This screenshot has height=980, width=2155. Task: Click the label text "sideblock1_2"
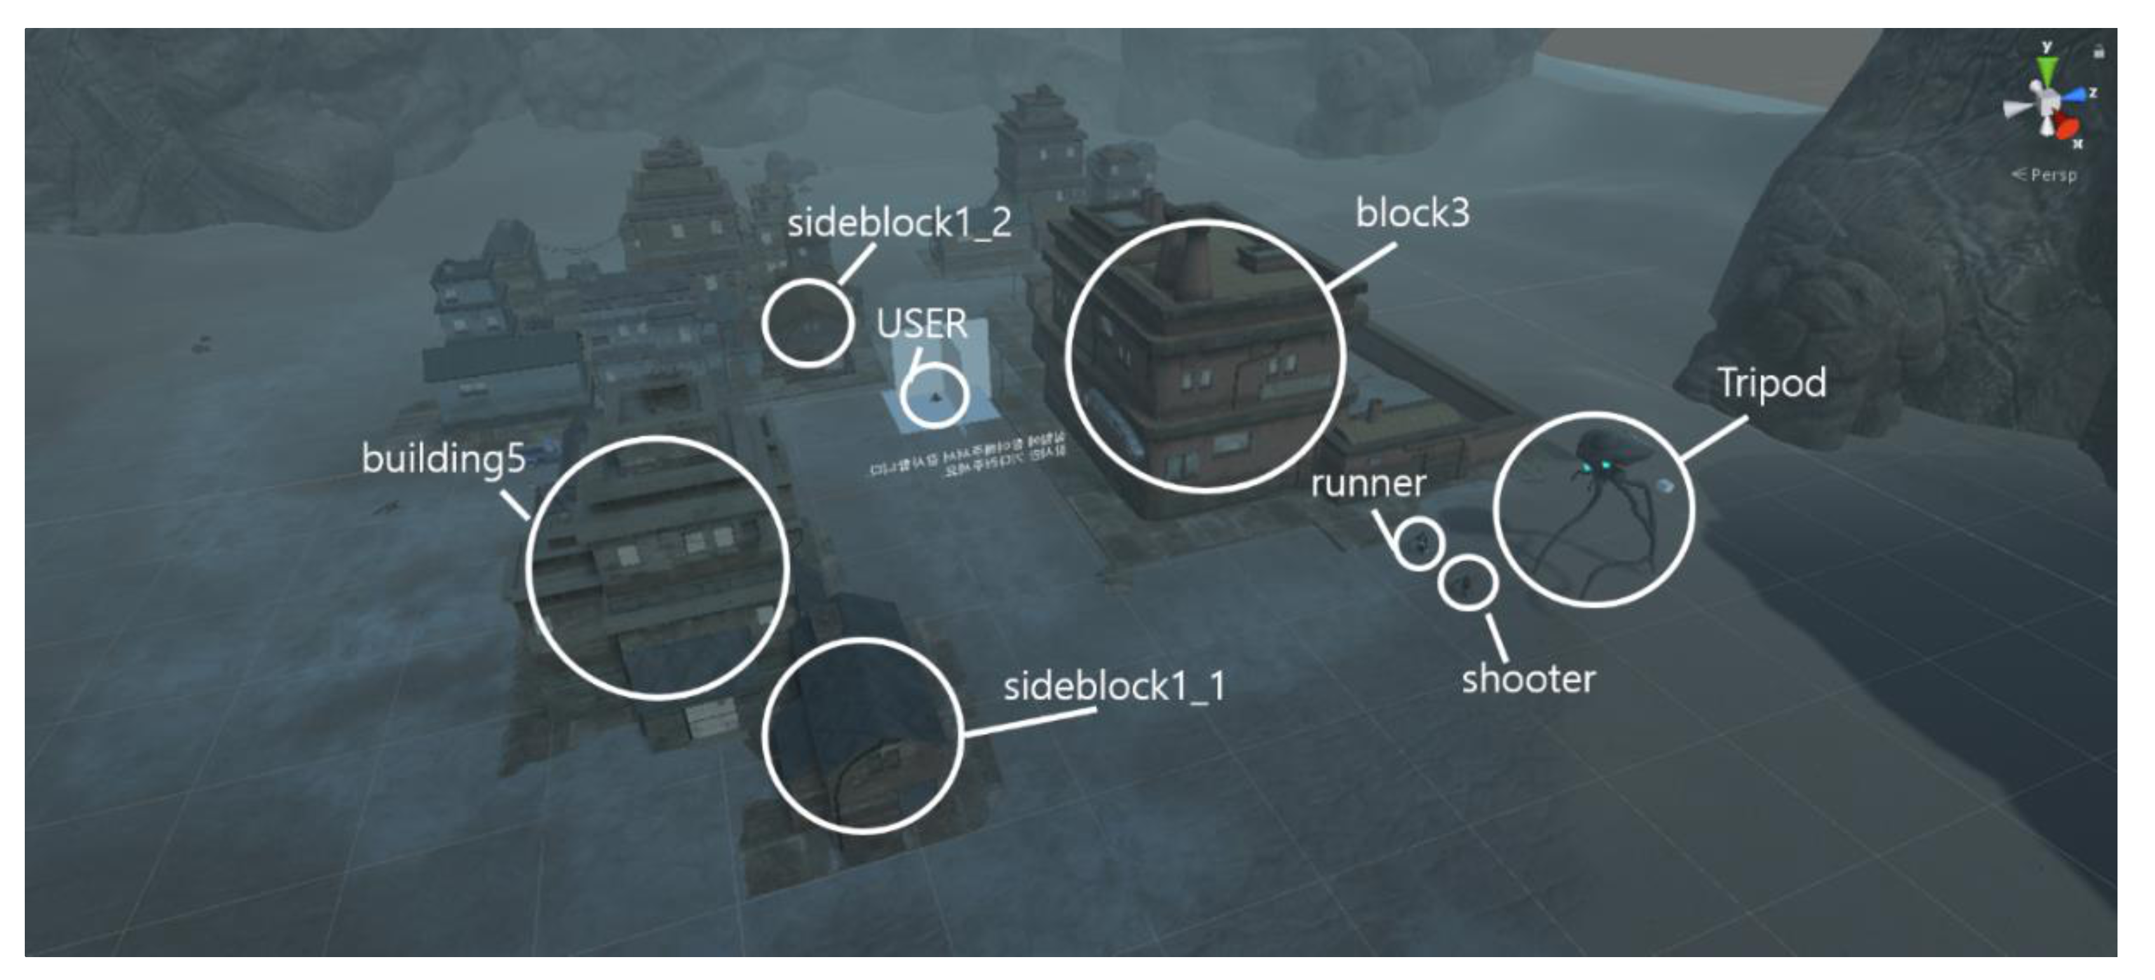(x=899, y=223)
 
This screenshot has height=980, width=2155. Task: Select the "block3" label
(x=1412, y=214)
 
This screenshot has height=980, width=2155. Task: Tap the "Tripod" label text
(x=1771, y=384)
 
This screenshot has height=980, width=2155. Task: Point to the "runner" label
(x=1368, y=484)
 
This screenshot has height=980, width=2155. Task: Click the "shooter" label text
(x=1528, y=679)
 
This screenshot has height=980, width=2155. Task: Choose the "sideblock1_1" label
(x=1113, y=687)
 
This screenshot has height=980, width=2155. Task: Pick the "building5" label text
(x=444, y=459)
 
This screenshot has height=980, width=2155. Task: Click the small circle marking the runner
(x=1418, y=543)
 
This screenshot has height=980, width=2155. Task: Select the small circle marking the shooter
(x=1467, y=582)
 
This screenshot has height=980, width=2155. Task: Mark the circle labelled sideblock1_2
(x=808, y=324)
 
